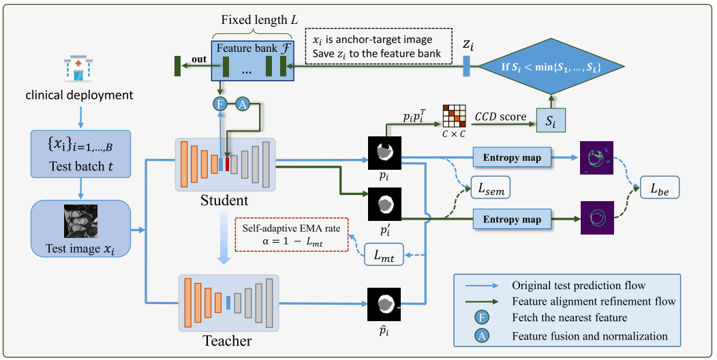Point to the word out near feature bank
200,59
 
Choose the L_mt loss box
384,257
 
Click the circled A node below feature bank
243,105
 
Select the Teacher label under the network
228,340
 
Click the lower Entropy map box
512,220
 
